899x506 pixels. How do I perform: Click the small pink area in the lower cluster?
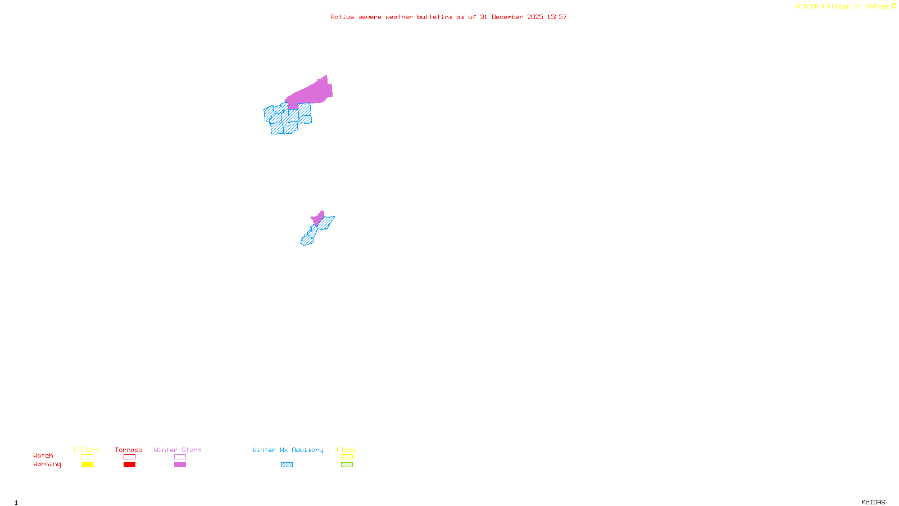click(318, 218)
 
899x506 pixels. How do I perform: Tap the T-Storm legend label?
click(87, 450)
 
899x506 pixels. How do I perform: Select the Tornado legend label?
click(129, 450)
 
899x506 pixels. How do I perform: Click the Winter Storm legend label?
click(178, 450)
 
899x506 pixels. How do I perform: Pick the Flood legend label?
click(347, 450)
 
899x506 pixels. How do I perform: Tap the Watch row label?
click(43, 456)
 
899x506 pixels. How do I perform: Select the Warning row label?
click(47, 464)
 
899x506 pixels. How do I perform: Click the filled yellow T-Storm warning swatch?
click(87, 465)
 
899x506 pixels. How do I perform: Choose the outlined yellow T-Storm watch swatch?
click(87, 457)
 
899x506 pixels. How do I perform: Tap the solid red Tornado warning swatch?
click(130, 465)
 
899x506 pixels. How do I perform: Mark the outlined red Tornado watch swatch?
click(130, 457)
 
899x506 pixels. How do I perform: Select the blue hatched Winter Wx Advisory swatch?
click(287, 465)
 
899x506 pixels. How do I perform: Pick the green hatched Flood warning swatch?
click(347, 465)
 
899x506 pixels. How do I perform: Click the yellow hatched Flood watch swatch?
click(347, 457)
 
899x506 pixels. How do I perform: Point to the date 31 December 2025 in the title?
click(511, 17)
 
